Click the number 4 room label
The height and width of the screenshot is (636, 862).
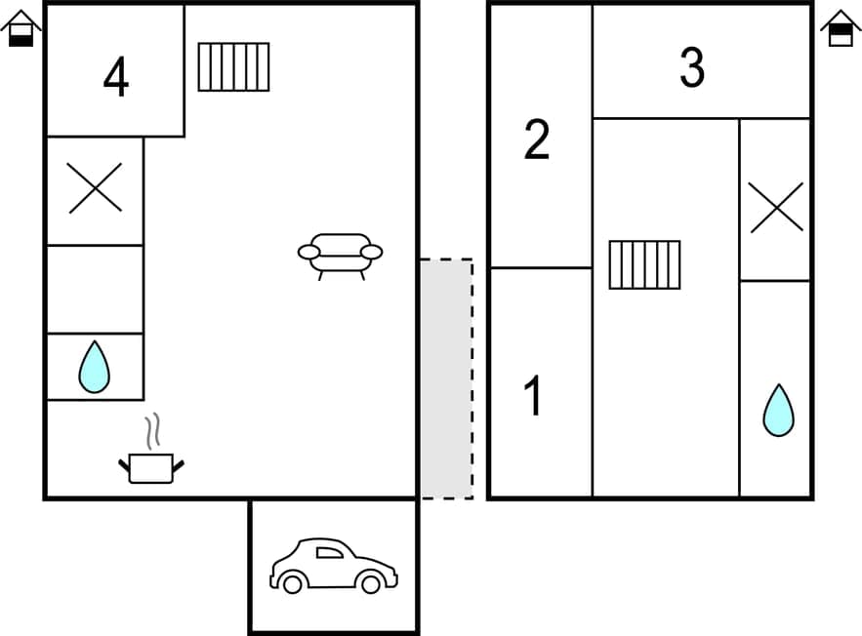tap(116, 78)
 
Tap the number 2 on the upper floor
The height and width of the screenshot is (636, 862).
tap(537, 140)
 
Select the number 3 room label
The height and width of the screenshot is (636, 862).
tap(692, 67)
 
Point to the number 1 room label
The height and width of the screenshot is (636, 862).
tap(533, 396)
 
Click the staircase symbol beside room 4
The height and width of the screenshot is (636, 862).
tap(233, 67)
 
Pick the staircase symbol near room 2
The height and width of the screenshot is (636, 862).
tap(644, 264)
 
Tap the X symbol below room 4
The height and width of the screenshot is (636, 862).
tap(96, 187)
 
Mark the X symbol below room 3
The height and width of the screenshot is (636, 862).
tap(776, 207)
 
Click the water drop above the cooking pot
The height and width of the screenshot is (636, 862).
tap(94, 367)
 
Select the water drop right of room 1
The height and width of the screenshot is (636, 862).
tap(778, 411)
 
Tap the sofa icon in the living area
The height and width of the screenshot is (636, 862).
tap(340, 254)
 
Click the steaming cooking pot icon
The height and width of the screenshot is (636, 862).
tap(151, 467)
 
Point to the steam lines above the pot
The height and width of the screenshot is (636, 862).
tap(152, 430)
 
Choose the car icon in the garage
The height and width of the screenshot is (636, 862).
tap(333, 566)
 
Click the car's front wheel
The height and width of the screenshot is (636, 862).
tap(370, 583)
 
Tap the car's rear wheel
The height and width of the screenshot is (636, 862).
tap(292, 583)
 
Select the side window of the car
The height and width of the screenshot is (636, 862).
tap(330, 553)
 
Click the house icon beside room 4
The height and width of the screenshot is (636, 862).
tap(21, 28)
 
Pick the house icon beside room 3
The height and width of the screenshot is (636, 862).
tap(841, 28)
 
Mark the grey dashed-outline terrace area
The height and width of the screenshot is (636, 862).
tap(447, 378)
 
